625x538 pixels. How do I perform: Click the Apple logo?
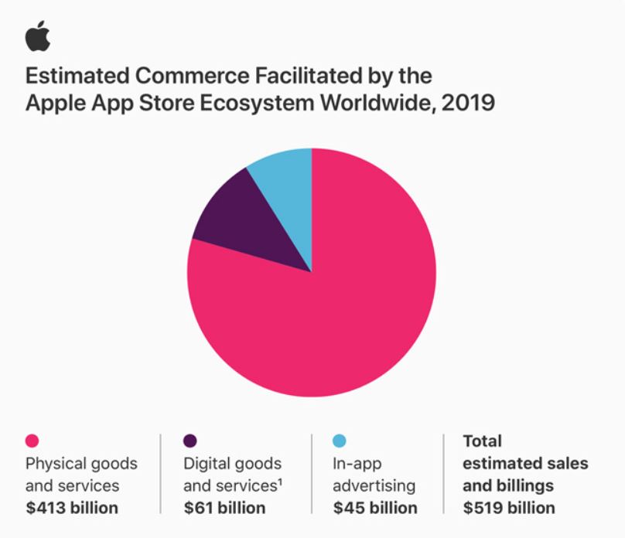[37, 36]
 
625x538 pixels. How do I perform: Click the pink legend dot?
[32, 441]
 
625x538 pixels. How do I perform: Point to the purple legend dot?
[190, 441]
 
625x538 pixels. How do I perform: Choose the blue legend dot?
[340, 441]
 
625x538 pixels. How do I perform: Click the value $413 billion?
[72, 508]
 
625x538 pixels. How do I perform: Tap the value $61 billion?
[224, 508]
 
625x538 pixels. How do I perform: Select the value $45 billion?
[375, 508]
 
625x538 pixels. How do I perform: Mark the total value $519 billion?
[508, 508]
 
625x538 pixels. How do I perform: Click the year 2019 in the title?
[468, 103]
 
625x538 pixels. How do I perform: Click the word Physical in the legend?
[53, 464]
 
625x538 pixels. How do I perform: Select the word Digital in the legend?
[205, 464]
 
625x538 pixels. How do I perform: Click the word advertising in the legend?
[374, 486]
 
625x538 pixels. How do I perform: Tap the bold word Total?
[482, 441]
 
